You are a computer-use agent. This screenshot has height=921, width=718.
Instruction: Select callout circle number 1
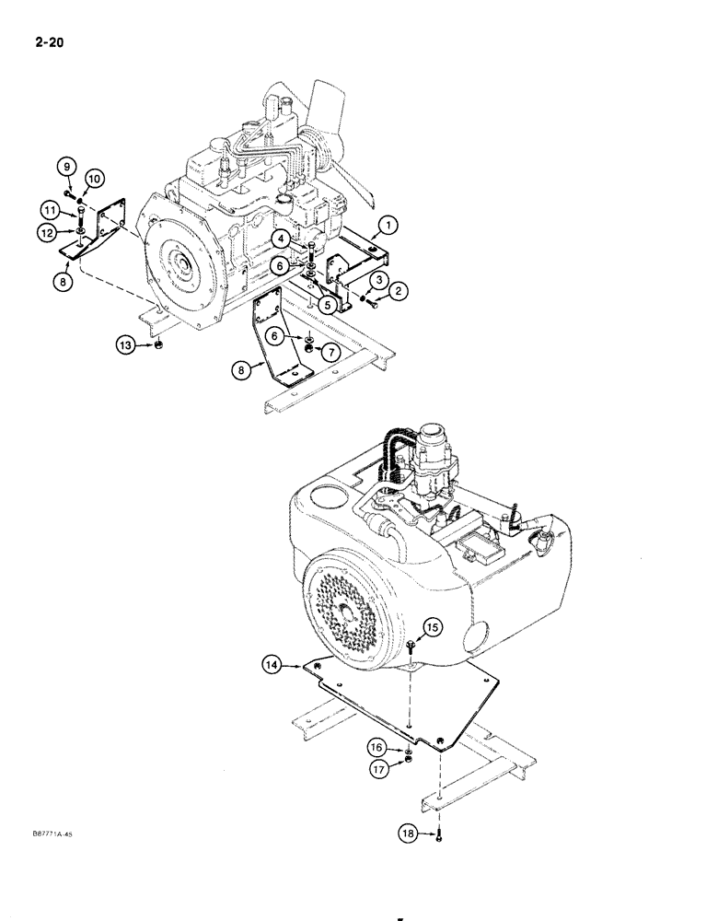click(x=389, y=224)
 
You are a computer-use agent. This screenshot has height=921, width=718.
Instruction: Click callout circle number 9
click(x=66, y=167)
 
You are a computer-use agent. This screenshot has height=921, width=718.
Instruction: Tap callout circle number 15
click(x=433, y=627)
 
